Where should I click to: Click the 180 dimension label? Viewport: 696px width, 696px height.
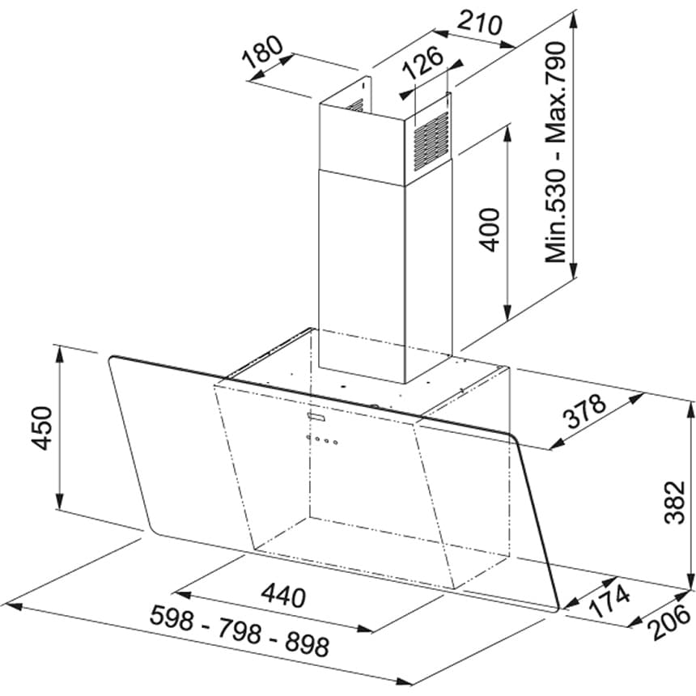(262, 52)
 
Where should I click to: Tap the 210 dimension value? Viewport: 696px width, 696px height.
(480, 23)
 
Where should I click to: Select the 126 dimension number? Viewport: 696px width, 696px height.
(423, 62)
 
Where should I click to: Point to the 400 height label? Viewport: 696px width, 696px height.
(490, 230)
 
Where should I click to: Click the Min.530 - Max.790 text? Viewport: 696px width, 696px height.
(555, 152)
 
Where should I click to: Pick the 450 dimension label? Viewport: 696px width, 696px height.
(42, 427)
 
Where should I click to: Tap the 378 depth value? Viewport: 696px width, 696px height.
(584, 411)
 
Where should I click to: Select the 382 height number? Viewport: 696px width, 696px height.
(676, 502)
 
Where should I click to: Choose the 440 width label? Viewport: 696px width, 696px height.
(283, 596)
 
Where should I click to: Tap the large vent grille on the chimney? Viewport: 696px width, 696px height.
(431, 142)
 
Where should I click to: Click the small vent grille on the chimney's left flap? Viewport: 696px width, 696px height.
(356, 105)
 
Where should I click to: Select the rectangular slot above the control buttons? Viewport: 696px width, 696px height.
(316, 416)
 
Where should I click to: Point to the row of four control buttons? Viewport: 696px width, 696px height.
(321, 439)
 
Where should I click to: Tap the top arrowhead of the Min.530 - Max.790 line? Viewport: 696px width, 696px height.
(574, 19)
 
